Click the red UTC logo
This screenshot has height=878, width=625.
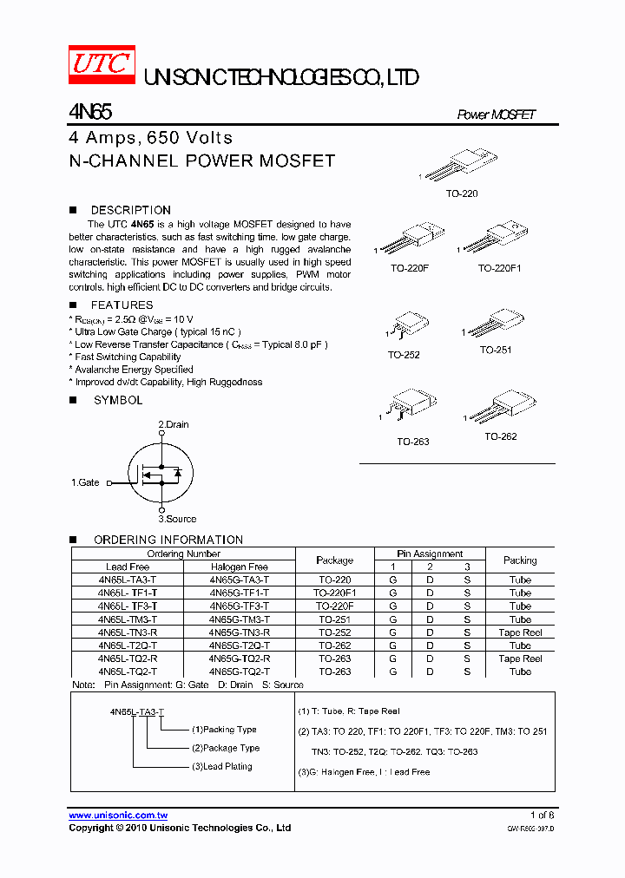[x=102, y=65]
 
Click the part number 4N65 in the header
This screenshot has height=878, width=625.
[x=89, y=113]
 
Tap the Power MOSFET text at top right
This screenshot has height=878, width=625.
[x=497, y=115]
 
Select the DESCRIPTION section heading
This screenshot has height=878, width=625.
[x=130, y=210]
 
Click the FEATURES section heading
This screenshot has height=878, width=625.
[x=122, y=305]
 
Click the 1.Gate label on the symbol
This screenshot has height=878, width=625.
[x=85, y=482]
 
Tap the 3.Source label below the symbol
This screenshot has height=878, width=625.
[x=177, y=519]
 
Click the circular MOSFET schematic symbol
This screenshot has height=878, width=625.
[x=161, y=474]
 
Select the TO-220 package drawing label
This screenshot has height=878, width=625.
[x=462, y=194]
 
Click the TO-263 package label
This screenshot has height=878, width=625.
[x=413, y=442]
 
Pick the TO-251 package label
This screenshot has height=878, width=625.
[x=496, y=350]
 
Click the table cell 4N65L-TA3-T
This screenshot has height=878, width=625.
[x=128, y=580]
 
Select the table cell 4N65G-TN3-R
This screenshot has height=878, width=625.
[x=239, y=632]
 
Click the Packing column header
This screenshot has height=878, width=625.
[x=520, y=560]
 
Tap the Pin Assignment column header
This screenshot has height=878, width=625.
[x=430, y=554]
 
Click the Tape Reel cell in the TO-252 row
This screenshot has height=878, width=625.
[x=520, y=632]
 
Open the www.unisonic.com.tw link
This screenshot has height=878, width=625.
[x=118, y=816]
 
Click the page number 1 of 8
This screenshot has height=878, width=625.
[x=542, y=815]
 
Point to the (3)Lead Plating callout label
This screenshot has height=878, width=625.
[x=221, y=766]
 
